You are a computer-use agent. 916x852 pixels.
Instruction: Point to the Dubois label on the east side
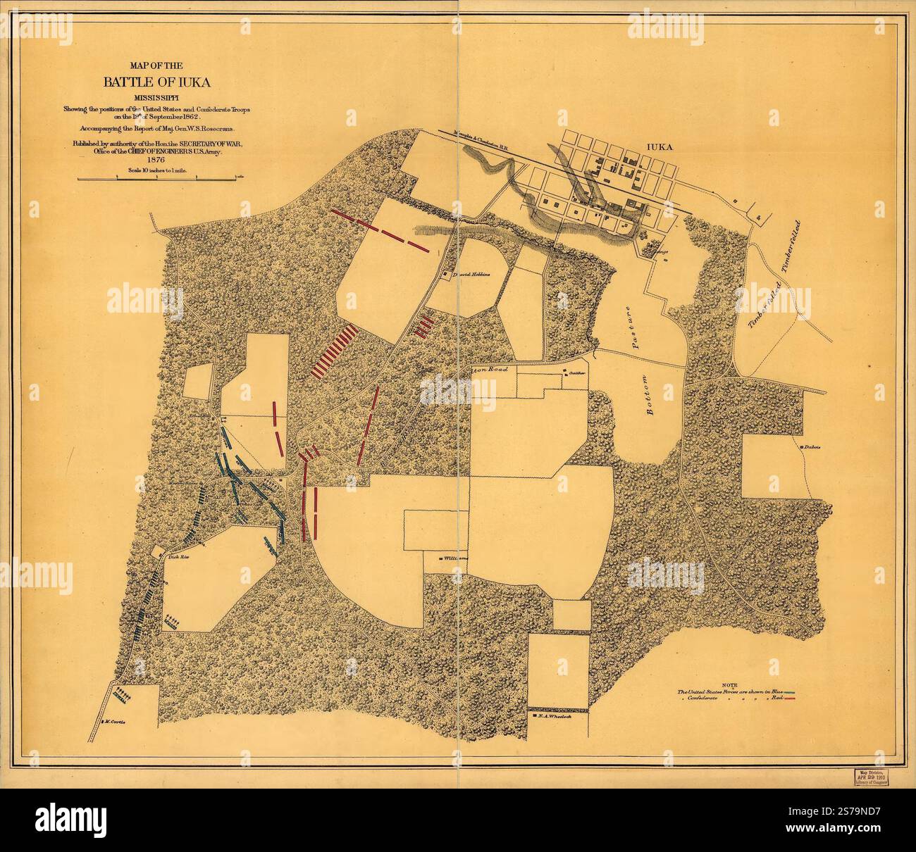click(810, 446)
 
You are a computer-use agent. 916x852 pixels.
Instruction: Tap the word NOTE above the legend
click(729, 684)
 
